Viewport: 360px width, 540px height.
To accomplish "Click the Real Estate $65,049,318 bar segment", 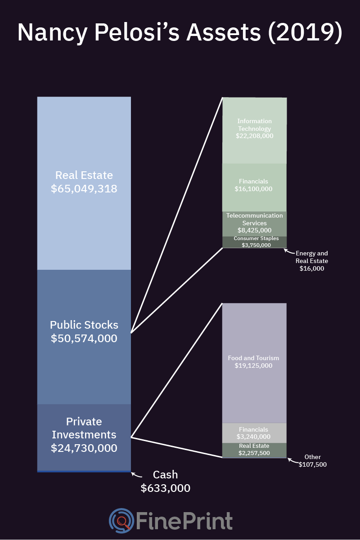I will point(84,182).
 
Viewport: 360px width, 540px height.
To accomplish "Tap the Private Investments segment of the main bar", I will point(84,435).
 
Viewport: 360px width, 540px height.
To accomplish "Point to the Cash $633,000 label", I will point(166,481).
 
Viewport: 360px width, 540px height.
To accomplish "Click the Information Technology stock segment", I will point(255,129).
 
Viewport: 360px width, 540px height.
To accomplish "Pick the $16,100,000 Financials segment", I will point(255,186).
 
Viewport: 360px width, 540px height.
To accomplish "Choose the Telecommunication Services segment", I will point(255,223).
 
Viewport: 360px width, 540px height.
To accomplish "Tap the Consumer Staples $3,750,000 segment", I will point(255,242).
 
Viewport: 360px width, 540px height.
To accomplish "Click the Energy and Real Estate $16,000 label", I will point(312,261).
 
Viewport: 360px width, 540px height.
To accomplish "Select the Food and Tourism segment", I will point(255,362).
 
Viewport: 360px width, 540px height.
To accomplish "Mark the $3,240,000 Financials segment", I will point(255,433).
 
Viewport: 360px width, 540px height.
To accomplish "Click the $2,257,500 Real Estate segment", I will point(255,450).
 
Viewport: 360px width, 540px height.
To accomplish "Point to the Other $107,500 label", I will point(313,461).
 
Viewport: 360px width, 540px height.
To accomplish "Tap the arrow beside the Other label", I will point(293,460).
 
